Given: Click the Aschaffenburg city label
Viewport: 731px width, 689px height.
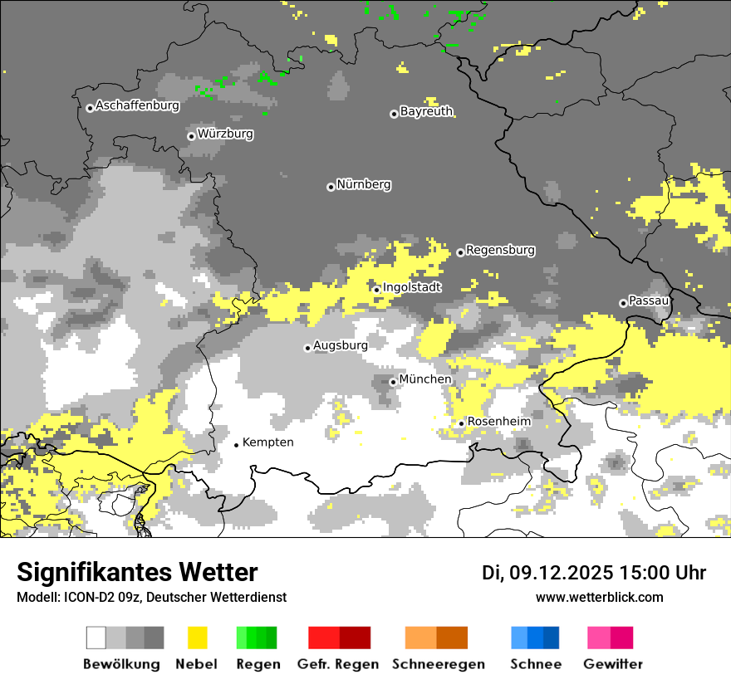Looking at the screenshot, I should point(137,105).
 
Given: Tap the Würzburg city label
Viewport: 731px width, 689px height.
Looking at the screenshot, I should point(225,134).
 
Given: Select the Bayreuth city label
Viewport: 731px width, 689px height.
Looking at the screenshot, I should point(426,111).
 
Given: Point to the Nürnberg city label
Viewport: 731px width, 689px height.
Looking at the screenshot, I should point(364,184).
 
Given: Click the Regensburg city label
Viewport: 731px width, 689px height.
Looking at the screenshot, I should point(500,250).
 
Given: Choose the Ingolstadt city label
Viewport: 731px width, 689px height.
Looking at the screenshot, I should point(412,287).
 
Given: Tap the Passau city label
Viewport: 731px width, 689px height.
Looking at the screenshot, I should point(649,301).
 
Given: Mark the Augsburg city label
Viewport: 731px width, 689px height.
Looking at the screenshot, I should point(341,345).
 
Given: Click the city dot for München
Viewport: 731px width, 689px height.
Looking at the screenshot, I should point(394,382).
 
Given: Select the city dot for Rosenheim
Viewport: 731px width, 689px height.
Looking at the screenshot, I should point(462,423).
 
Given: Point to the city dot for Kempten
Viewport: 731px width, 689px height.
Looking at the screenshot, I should point(237,445).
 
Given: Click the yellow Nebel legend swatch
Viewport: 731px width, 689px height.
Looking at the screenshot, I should point(198,638).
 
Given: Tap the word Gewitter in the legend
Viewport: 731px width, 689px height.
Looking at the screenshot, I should point(613,664).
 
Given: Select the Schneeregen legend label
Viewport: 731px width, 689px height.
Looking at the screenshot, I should point(438,664).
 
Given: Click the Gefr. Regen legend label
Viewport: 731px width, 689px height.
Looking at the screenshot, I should point(338,664).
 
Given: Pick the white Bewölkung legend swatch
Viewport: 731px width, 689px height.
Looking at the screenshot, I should point(96,638).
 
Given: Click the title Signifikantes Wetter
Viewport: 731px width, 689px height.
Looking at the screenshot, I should point(137,572).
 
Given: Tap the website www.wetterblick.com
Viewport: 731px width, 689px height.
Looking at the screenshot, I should point(599,597).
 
